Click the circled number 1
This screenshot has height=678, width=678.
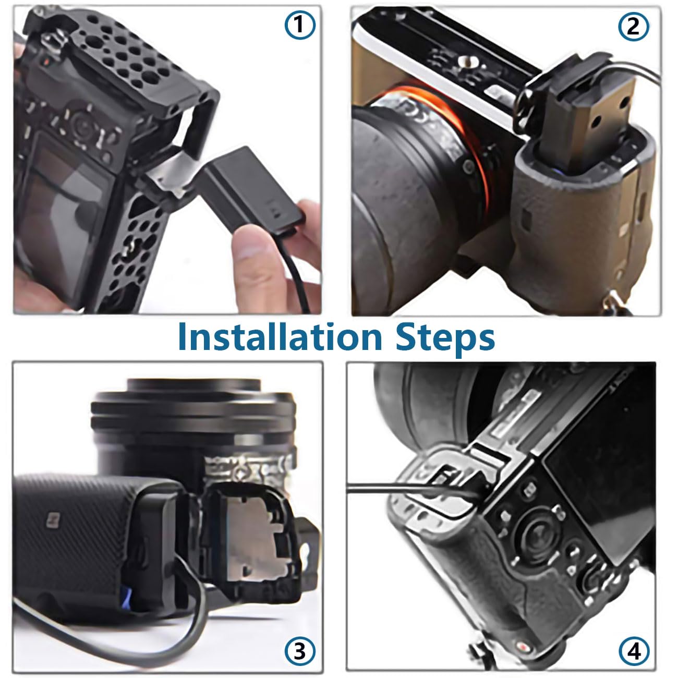[x=299, y=25]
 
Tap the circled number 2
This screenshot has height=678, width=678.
[x=633, y=26]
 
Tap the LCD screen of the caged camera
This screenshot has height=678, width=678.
[x=67, y=211]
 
